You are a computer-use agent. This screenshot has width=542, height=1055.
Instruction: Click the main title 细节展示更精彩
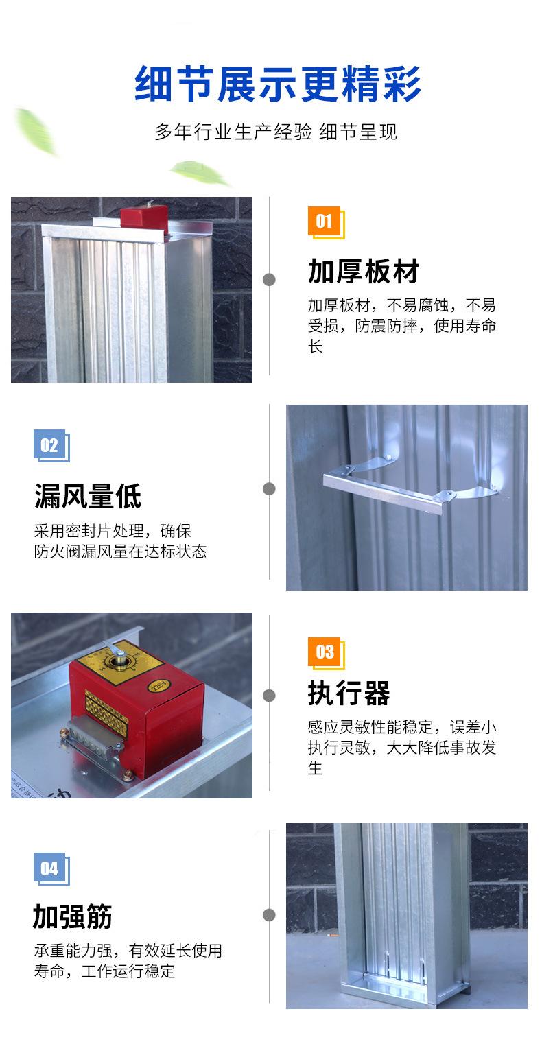click(x=277, y=84)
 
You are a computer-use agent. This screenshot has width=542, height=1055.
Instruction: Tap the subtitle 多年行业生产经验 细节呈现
click(x=276, y=132)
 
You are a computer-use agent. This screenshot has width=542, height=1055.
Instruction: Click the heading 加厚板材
click(x=363, y=271)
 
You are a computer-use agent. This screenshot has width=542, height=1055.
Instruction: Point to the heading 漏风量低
click(x=88, y=496)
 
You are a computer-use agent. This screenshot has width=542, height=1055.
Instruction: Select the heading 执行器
click(x=349, y=694)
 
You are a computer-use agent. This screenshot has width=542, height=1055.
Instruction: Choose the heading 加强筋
click(x=73, y=916)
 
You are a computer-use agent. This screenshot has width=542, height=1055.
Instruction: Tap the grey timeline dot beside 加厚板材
click(x=269, y=280)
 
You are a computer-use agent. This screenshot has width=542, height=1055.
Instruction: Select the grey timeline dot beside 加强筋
click(x=269, y=914)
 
